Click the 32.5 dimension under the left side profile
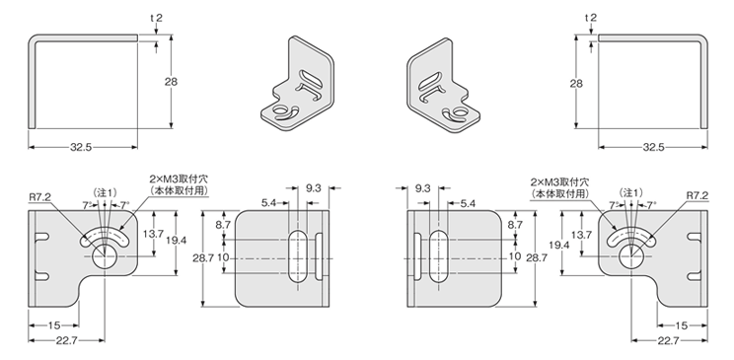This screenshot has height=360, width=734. [81, 147]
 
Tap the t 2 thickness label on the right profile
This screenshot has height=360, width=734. [591, 18]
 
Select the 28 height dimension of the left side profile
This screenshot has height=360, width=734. [171, 82]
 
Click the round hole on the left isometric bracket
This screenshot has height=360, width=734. [280, 110]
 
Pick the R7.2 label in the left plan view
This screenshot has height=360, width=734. [39, 197]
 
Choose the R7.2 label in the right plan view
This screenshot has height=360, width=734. [697, 195]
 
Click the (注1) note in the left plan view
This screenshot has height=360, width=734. [105, 192]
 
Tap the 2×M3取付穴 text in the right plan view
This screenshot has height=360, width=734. [559, 182]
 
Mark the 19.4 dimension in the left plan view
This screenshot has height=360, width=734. [176, 240]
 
